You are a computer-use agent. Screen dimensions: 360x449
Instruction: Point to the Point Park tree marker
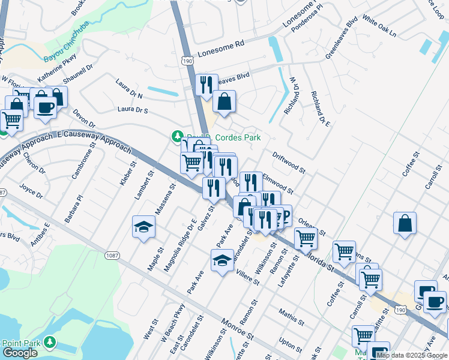(51, 342)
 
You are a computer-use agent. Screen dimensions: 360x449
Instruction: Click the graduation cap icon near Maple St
(143, 227)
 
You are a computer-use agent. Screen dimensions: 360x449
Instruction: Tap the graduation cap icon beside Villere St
(222, 261)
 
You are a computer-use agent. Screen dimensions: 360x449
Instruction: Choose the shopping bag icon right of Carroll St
(406, 224)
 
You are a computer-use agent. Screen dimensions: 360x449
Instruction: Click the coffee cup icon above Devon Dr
(45, 107)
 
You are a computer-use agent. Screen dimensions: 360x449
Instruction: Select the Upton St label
(291, 344)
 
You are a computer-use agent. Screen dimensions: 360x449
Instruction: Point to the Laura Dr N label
(129, 91)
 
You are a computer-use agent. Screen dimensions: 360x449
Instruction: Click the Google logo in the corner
(20, 353)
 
